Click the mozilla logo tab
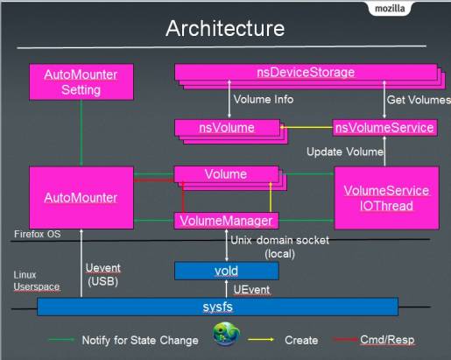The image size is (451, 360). click(390, 8)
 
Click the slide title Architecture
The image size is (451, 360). click(225, 28)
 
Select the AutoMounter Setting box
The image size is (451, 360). click(81, 82)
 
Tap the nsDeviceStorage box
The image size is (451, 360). click(306, 72)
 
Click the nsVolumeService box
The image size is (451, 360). click(384, 128)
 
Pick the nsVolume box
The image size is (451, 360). click(228, 128)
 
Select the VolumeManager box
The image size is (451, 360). click(226, 221)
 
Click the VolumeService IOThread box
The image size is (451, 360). click(386, 198)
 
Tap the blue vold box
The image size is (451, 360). click(227, 271)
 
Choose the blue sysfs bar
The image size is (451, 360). click(218, 307)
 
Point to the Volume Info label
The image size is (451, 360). click(264, 99)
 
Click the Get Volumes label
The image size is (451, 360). click(419, 100)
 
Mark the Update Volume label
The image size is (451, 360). click(345, 152)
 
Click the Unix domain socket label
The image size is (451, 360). click(279, 247)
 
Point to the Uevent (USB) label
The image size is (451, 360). click(103, 274)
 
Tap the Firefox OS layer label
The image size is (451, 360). click(38, 234)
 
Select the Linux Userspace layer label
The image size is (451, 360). click(37, 280)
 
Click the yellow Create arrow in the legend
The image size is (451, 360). click(261, 339)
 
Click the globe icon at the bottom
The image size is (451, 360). click(226, 334)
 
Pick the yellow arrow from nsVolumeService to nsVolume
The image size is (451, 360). click(307, 127)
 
